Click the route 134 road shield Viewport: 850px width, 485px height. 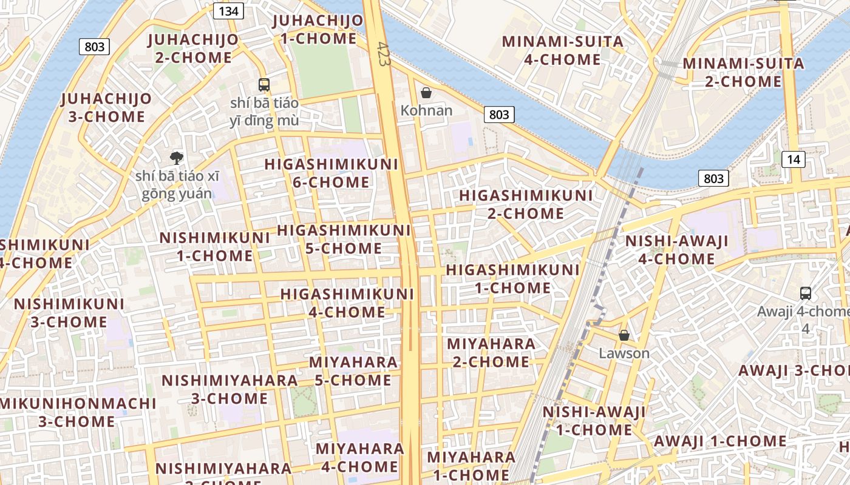229,10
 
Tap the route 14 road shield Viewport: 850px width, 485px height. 794,159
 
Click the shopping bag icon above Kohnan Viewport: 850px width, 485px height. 426,93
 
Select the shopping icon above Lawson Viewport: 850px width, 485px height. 624,335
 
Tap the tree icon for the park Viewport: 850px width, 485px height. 177,158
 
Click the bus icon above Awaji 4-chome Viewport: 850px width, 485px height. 805,293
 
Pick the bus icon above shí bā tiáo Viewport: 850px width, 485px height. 263,85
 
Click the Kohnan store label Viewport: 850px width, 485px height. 426,110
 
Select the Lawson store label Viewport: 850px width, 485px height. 624,353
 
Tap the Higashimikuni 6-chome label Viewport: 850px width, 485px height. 331,173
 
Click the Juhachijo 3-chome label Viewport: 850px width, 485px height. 106,107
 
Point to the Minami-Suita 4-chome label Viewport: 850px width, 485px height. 562,50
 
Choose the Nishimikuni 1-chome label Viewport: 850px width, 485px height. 214,247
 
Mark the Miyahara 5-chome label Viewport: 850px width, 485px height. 353,371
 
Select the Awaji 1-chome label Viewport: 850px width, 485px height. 719,441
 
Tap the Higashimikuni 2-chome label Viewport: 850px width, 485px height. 526,204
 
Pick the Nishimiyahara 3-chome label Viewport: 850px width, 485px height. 229,389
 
